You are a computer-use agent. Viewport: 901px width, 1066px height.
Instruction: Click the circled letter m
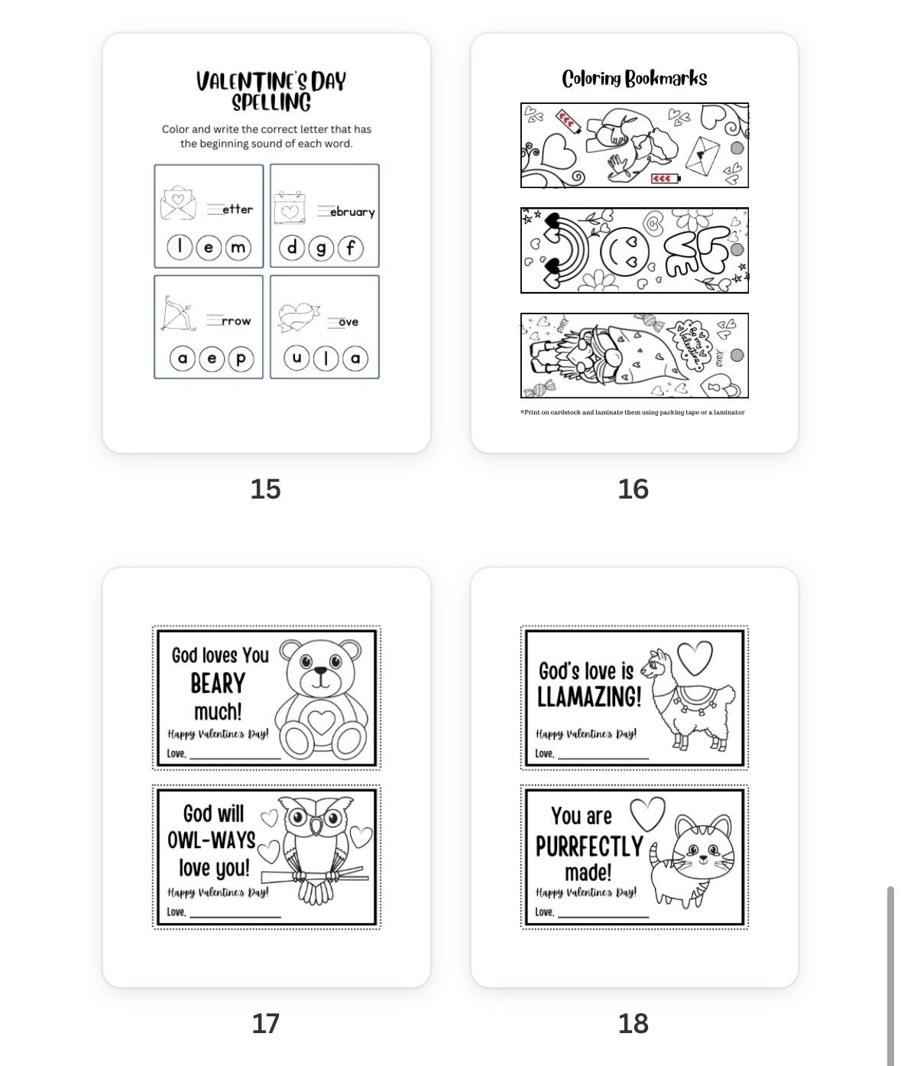click(238, 247)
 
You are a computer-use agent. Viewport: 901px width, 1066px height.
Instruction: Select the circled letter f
click(350, 247)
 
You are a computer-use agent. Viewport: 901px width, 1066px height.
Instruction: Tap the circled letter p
click(240, 358)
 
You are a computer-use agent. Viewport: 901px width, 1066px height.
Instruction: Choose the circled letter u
click(297, 358)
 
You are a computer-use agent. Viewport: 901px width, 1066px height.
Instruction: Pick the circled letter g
click(321, 247)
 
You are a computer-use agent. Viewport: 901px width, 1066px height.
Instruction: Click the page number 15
click(265, 489)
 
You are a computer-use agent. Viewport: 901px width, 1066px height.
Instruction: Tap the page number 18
click(633, 1023)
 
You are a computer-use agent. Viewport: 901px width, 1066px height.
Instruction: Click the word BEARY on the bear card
click(218, 683)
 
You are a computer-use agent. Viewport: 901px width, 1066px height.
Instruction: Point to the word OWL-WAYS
click(212, 840)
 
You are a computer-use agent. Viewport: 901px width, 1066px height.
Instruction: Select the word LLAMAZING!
click(589, 697)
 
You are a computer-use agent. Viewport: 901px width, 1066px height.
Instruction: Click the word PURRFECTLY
click(589, 847)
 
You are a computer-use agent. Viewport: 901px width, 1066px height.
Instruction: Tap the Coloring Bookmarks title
click(634, 78)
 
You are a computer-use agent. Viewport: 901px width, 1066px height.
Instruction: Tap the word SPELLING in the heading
click(271, 102)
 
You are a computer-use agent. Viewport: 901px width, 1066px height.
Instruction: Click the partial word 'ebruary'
click(352, 212)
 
